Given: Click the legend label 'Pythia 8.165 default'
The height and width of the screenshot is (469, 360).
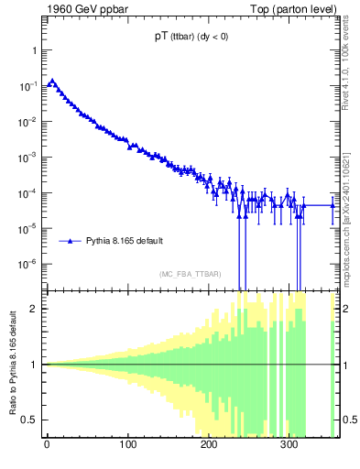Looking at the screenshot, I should pyautogui.click(x=125, y=241).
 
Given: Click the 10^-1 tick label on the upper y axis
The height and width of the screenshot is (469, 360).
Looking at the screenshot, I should pyautogui.click(x=29, y=86).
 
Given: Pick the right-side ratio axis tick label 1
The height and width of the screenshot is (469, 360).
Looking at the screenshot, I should pyautogui.click(x=345, y=365).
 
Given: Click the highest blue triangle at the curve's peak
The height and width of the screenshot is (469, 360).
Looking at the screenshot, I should pyautogui.click(x=52, y=81).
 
